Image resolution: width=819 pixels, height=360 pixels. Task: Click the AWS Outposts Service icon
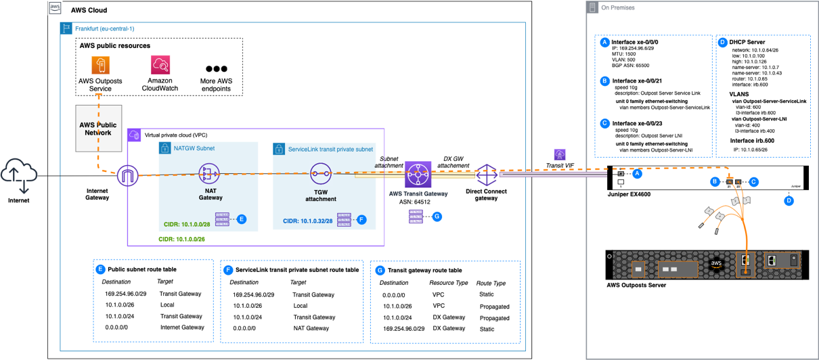(100, 65)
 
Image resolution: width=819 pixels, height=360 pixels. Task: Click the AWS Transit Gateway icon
(418, 177)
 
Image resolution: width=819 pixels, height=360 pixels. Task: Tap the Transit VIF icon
(560, 155)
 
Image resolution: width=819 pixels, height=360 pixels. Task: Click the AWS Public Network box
(99, 129)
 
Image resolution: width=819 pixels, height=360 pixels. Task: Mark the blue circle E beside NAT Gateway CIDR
(242, 219)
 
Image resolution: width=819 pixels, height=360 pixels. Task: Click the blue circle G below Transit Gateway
(437, 216)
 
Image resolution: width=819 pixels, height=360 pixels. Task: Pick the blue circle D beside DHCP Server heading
(722, 42)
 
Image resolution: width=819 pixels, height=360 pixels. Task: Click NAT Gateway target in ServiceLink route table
(311, 328)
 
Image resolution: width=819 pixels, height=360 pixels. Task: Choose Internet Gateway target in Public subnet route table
(181, 327)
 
